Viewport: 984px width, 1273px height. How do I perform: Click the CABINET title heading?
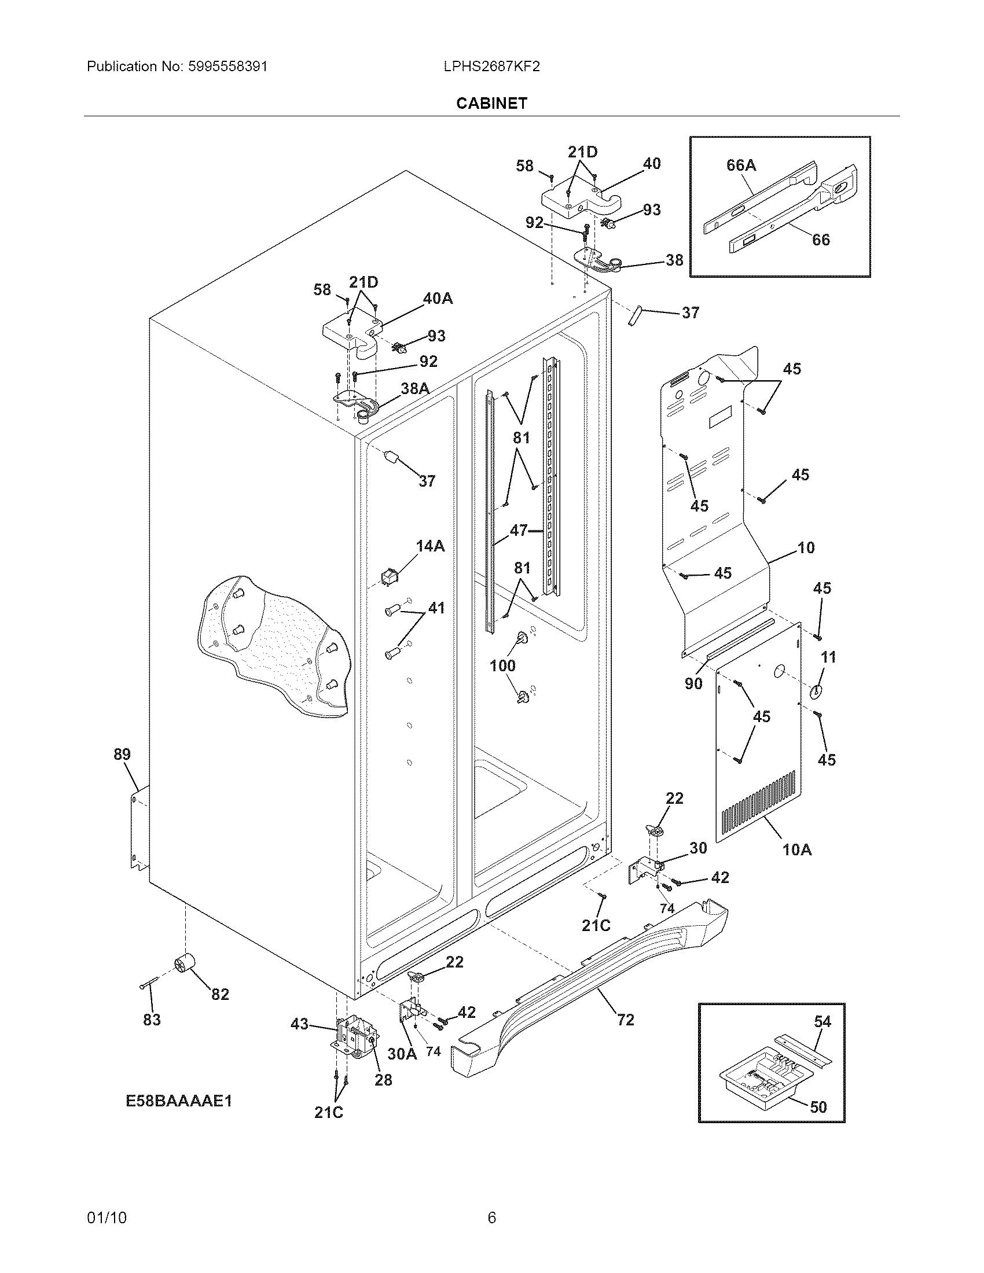[491, 103]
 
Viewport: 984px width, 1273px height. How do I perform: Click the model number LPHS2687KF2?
[491, 67]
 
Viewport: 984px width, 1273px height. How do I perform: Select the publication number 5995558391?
[228, 67]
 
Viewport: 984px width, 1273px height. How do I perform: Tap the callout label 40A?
[437, 299]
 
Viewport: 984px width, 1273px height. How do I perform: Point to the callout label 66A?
[741, 165]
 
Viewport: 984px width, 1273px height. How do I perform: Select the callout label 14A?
[430, 546]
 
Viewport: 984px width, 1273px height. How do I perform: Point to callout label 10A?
[796, 850]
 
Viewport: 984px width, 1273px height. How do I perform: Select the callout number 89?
[122, 754]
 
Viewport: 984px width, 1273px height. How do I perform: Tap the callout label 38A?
[414, 389]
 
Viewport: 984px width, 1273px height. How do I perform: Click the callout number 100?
[502, 665]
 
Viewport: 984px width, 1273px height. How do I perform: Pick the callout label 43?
[299, 1024]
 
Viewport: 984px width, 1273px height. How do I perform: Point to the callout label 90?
[693, 683]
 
